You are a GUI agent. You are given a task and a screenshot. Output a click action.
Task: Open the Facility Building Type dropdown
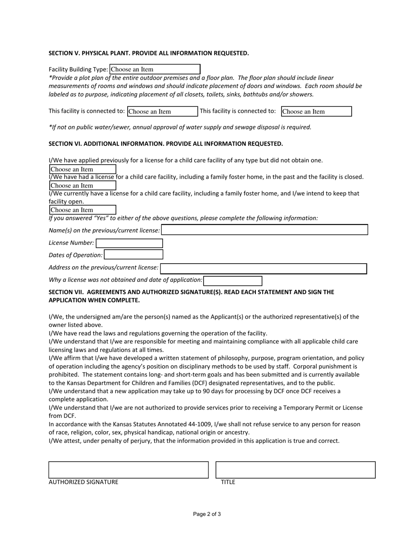(155, 69)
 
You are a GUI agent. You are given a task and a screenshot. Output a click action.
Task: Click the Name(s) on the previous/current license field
(265, 230)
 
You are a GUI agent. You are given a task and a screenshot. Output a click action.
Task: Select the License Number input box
(129, 243)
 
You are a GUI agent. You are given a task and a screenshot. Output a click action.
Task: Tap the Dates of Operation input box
(133, 255)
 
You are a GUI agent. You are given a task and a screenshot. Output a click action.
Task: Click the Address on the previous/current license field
(263, 269)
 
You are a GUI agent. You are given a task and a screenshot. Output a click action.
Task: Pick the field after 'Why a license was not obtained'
(233, 281)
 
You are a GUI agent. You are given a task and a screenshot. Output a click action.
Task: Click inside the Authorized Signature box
(129, 470)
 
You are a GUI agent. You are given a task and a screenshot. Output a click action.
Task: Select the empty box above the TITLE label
(295, 470)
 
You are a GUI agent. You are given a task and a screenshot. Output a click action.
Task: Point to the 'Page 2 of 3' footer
(207, 514)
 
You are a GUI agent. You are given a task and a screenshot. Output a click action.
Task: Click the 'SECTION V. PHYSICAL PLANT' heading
(149, 53)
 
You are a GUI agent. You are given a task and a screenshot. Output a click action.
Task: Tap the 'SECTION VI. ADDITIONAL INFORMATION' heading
(166, 144)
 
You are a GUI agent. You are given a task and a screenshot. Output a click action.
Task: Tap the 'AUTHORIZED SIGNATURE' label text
(83, 482)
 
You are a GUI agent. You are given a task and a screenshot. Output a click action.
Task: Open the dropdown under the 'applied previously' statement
(82, 170)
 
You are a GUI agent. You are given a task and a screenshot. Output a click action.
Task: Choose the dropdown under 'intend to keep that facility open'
(82, 210)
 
